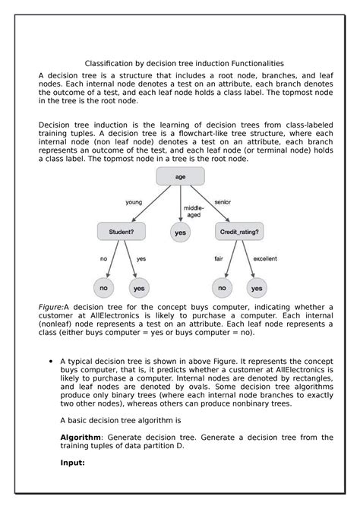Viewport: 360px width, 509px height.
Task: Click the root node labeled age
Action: coord(180,177)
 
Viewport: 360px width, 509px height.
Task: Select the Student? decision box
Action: coord(122,231)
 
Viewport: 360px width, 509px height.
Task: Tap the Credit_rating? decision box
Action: coord(239,231)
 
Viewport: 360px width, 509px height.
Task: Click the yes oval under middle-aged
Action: coord(181,233)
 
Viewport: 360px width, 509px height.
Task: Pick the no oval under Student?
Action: coord(104,288)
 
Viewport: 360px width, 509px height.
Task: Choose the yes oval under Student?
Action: coord(139,288)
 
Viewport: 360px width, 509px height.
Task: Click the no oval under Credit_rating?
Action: coord(222,288)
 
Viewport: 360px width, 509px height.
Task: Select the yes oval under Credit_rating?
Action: coord(257,288)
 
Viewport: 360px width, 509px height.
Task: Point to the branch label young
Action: coord(134,202)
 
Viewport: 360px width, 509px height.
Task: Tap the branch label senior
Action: coord(223,202)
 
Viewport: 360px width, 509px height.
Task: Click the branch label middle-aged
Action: coord(194,211)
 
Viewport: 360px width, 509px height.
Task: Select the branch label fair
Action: coord(218,258)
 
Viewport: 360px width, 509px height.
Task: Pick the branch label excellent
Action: coord(265,258)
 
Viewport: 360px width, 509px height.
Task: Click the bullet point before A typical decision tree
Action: coord(50,362)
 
